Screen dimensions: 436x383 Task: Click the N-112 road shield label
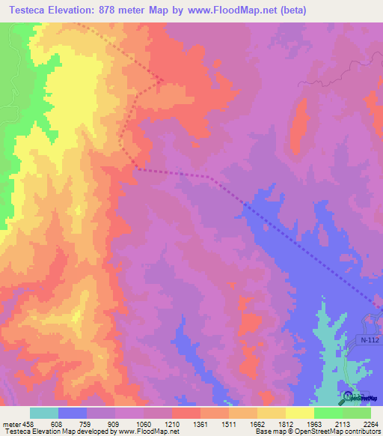(x=364, y=339)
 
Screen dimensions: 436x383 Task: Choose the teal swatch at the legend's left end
(x=44, y=413)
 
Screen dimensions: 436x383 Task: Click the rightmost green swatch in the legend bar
(x=356, y=413)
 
